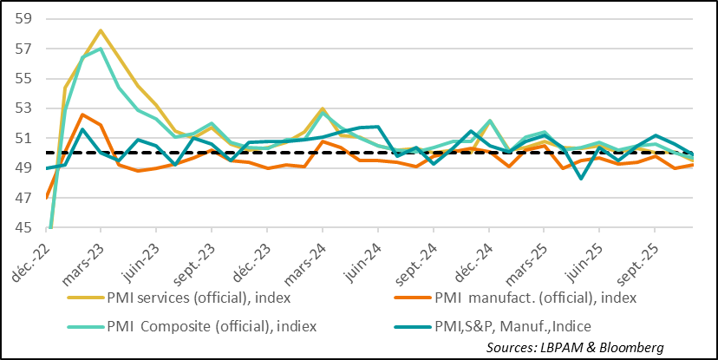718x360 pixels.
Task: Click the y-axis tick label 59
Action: pyautogui.click(x=23, y=18)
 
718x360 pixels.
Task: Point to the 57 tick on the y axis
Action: pyautogui.click(x=23, y=49)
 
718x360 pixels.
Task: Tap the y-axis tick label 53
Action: pyautogui.click(x=23, y=108)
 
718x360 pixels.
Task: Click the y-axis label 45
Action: pyautogui.click(x=23, y=228)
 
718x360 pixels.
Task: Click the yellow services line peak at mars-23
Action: pyautogui.click(x=101, y=30)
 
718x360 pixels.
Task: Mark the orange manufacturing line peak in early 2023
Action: pyautogui.click(x=82, y=115)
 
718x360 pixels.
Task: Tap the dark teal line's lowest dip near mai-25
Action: pyautogui.click(x=581, y=179)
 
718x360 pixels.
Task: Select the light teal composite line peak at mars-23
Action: pyautogui.click(x=101, y=49)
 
